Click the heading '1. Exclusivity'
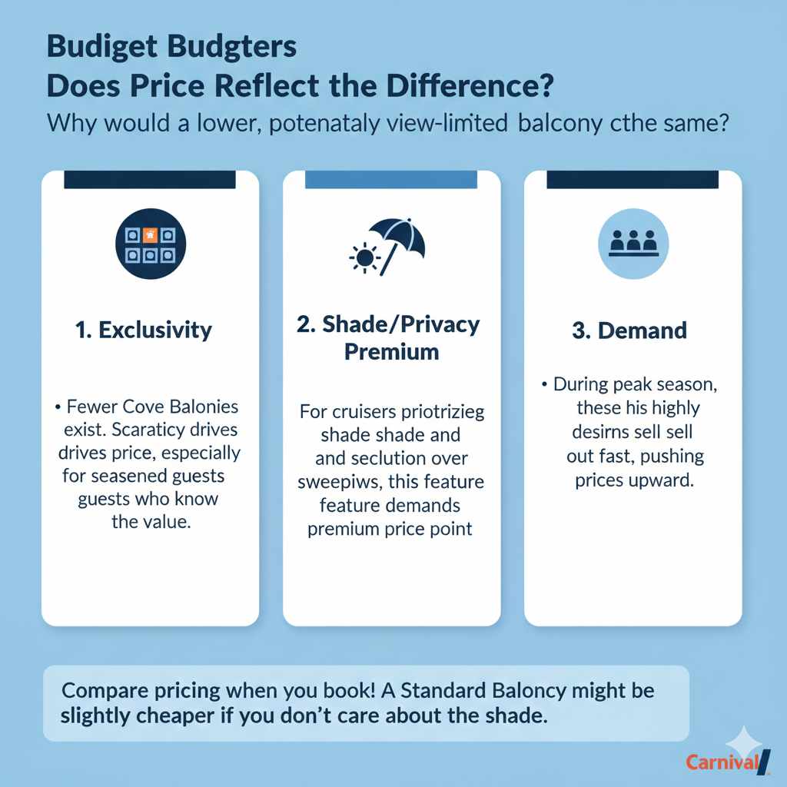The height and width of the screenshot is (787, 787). (x=144, y=330)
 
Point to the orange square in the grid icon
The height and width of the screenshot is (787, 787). (x=151, y=234)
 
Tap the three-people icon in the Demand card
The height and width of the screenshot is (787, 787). (x=633, y=244)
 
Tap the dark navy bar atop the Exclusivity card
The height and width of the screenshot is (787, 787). (x=150, y=180)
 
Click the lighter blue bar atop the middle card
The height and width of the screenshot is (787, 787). (x=392, y=180)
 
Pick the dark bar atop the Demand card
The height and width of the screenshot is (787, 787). (x=633, y=180)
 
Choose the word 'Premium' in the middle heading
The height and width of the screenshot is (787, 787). (x=391, y=352)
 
